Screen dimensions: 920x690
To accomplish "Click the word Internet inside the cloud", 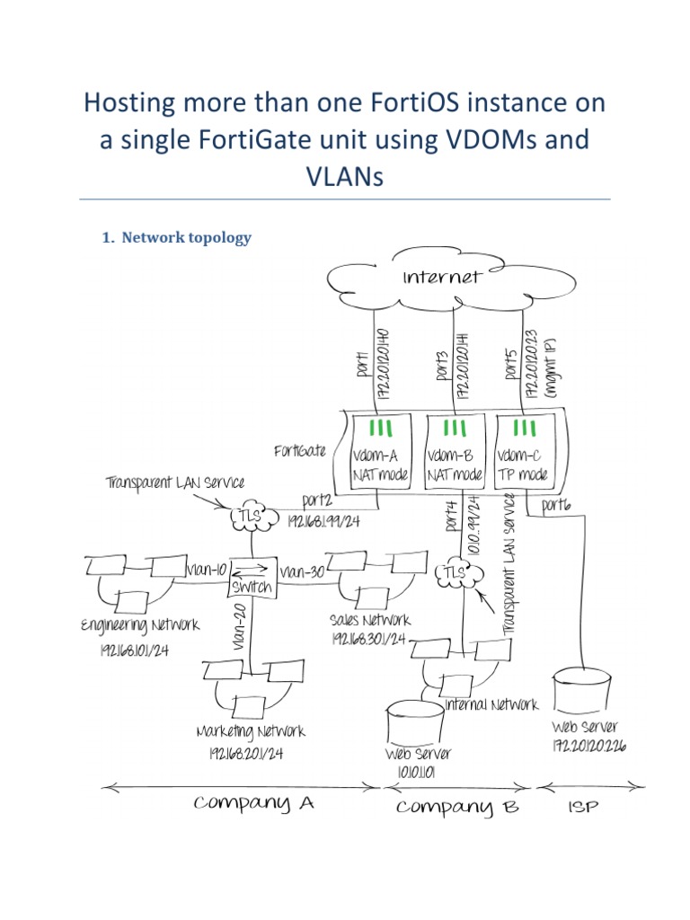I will [440, 277].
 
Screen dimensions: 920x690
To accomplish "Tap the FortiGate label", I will [300, 449].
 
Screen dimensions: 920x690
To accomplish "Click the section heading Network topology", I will [186, 238].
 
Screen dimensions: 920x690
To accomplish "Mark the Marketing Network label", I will [251, 731].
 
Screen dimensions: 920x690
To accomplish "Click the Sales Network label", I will [370, 620].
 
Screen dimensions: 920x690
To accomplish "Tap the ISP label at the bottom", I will [584, 807].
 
